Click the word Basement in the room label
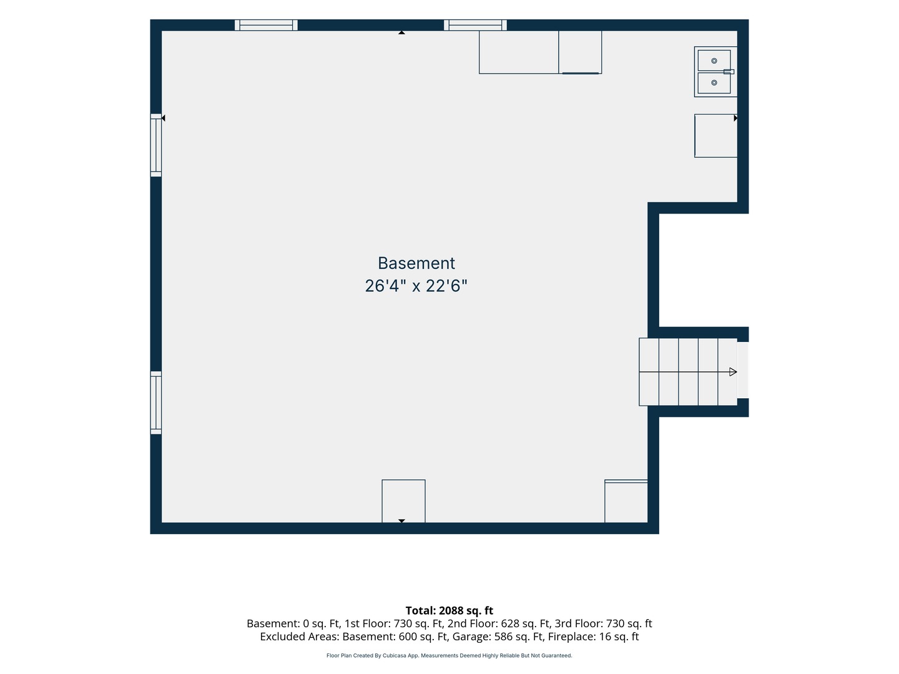416,263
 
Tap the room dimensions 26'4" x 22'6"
416,286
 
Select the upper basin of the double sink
714,61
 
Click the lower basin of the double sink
714,83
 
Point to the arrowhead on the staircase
733,372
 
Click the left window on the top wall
266,25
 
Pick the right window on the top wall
475,25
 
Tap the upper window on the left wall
155,145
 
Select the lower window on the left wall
155,403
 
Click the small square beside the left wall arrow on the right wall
715,136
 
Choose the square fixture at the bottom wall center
403,501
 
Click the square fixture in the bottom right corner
626,501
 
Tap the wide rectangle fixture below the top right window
519,52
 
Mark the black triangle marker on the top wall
401,32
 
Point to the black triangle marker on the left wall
163,119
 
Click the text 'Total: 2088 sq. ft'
449,610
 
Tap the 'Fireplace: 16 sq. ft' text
594,637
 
